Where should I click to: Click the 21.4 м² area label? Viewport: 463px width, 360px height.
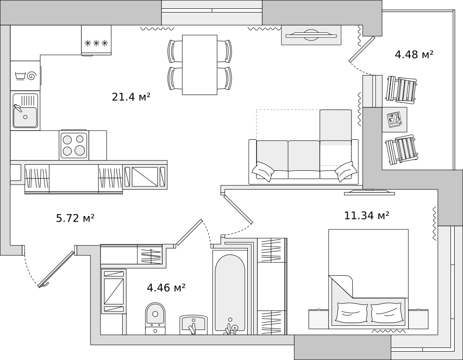(x=131, y=97)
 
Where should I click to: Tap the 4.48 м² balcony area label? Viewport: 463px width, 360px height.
(x=414, y=55)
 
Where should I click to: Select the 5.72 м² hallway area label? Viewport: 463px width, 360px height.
(x=75, y=218)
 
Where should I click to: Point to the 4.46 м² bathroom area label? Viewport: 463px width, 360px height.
(x=166, y=287)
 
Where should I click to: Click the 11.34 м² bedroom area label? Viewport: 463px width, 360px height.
(x=366, y=216)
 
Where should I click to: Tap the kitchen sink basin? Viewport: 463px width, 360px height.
(x=25, y=111)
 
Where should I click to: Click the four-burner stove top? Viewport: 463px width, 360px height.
(x=74, y=145)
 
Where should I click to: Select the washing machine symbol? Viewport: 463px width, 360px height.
(x=25, y=75)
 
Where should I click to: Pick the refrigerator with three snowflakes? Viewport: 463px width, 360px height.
(x=96, y=40)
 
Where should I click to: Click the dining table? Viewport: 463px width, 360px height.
(x=200, y=65)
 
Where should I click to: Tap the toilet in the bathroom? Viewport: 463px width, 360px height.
(x=155, y=318)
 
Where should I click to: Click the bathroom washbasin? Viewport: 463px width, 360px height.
(x=194, y=324)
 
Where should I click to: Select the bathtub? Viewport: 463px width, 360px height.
(x=230, y=292)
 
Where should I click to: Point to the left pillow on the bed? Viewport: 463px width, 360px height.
(x=351, y=313)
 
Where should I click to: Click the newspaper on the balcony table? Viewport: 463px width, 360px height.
(x=394, y=119)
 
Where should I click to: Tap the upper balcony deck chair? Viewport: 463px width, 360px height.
(x=401, y=89)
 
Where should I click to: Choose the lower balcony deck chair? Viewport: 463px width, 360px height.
(x=401, y=149)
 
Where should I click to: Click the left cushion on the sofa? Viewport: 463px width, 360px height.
(x=263, y=172)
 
